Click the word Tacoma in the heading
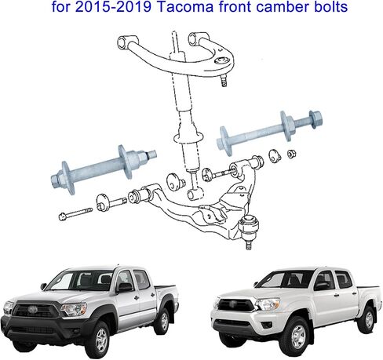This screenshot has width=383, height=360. pyautogui.click(x=186, y=7)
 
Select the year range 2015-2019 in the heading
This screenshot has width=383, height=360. pyautogui.click(x=113, y=7)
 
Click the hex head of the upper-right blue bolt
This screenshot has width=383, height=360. pyautogui.click(x=316, y=119)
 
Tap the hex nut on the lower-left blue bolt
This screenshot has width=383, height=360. pyautogui.click(x=57, y=180)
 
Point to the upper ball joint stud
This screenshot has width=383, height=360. pyautogui.click(x=224, y=81)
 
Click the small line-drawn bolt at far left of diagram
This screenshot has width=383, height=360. pyautogui.click(x=75, y=213)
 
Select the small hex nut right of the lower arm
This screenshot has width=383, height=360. pyautogui.click(x=291, y=154)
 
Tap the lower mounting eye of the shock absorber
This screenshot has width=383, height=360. pyautogui.click(x=195, y=194)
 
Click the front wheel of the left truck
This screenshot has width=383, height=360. pyautogui.click(x=98, y=339)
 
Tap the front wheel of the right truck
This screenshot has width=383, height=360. pyautogui.click(x=297, y=336)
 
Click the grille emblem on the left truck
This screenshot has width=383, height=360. pyautogui.click(x=32, y=308)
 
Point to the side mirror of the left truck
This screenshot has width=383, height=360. pyautogui.click(x=125, y=287)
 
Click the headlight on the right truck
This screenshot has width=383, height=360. pyautogui.click(x=268, y=304)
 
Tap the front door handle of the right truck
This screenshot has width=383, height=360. pyautogui.click(x=337, y=296)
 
